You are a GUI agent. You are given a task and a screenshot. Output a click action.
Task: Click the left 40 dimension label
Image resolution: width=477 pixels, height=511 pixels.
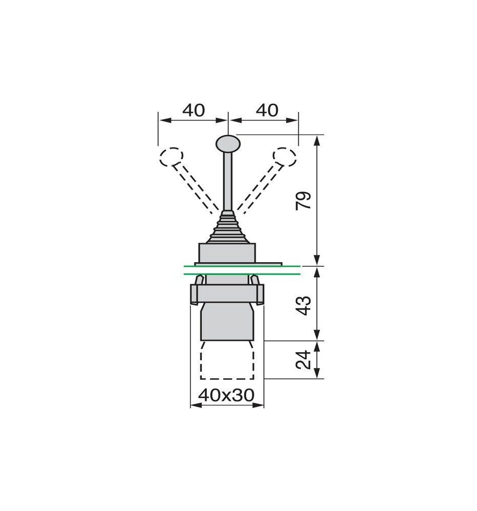193,110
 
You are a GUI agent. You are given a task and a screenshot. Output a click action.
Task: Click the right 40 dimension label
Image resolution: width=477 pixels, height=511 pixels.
267,110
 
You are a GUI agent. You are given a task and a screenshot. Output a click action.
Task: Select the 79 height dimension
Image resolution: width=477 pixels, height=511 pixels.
304,201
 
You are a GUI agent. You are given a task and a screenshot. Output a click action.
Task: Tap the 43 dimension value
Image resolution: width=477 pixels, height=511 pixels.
304,305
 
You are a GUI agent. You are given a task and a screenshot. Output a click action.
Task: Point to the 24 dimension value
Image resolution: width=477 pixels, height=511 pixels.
304,360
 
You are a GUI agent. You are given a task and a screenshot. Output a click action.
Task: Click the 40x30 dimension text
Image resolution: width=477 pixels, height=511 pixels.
227,395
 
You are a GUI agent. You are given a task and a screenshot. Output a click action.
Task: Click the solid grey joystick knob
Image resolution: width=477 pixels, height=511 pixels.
227,143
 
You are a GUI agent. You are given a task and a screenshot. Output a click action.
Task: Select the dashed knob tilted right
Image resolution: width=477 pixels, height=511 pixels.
284,156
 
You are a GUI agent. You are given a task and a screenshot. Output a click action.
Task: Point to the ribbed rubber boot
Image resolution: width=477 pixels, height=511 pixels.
227,227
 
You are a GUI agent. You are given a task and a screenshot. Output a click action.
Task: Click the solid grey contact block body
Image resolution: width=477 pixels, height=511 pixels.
227,322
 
